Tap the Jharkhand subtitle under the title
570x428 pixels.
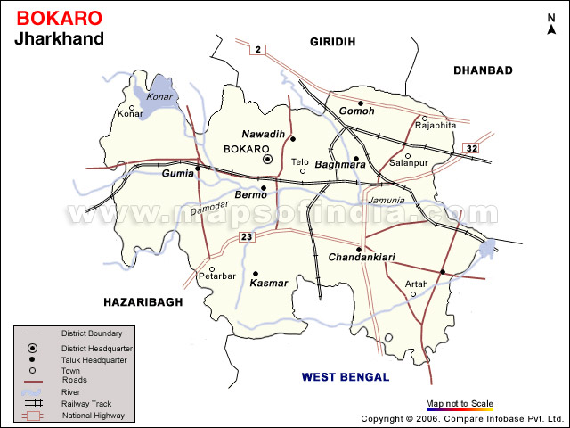pyautogui.click(x=60, y=38)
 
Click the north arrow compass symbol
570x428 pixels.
pyautogui.click(x=551, y=24)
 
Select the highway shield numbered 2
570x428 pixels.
pyautogui.click(x=257, y=49)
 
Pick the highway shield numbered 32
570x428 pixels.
pyautogui.click(x=472, y=148)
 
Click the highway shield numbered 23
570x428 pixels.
pyautogui.click(x=247, y=236)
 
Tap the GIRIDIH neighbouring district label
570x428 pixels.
pyautogui.click(x=332, y=42)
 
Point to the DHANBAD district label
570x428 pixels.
pyautogui.click(x=483, y=70)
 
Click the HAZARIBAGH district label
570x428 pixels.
pyautogui.click(x=142, y=302)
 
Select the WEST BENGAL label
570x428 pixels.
pyautogui.click(x=346, y=377)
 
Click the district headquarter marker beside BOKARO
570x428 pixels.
pyautogui.click(x=267, y=159)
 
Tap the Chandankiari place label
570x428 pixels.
pyautogui.click(x=362, y=258)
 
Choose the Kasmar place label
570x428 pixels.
pyautogui.click(x=269, y=283)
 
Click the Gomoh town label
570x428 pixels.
pyautogui.click(x=356, y=111)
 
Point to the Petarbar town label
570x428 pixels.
pyautogui.click(x=216, y=276)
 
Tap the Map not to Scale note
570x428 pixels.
pyautogui.click(x=459, y=403)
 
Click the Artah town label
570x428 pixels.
pyautogui.click(x=417, y=284)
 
